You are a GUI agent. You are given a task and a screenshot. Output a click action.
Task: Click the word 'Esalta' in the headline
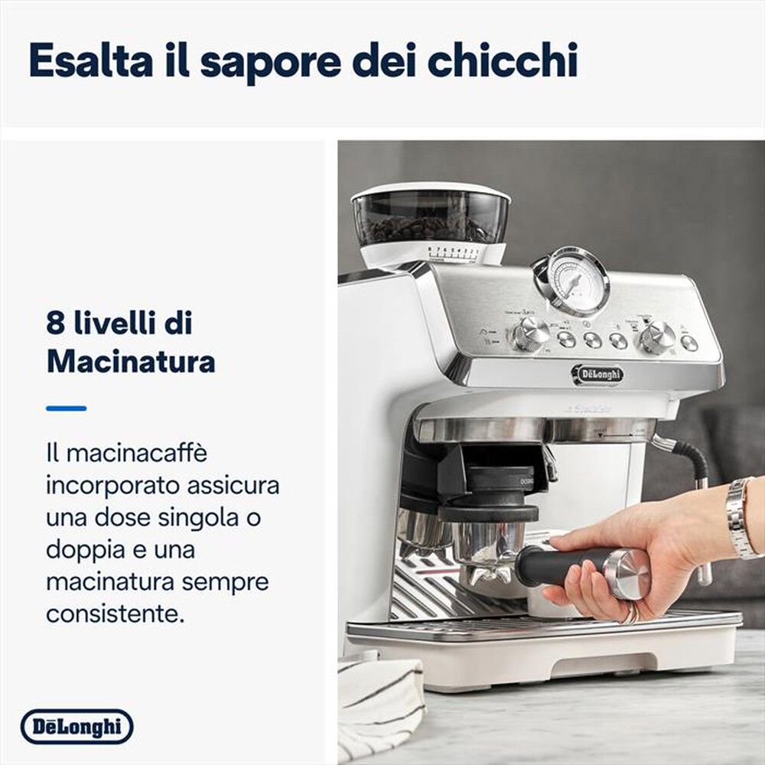[90, 61]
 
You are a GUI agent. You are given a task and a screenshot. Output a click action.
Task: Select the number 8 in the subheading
[55, 324]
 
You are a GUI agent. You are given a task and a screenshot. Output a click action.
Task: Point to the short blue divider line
[66, 409]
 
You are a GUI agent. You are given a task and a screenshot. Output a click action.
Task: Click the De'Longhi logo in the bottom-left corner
[76, 727]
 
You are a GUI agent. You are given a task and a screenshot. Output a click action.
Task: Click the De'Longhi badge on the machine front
[597, 374]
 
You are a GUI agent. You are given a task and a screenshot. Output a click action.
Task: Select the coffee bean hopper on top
[431, 214]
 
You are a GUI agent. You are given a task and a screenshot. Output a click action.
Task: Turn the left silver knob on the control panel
[529, 333]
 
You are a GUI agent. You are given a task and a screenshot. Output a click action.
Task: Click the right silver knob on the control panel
[657, 336]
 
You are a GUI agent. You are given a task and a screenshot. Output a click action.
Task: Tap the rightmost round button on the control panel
[689, 343]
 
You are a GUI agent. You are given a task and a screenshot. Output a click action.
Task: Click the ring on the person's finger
[631, 613]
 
